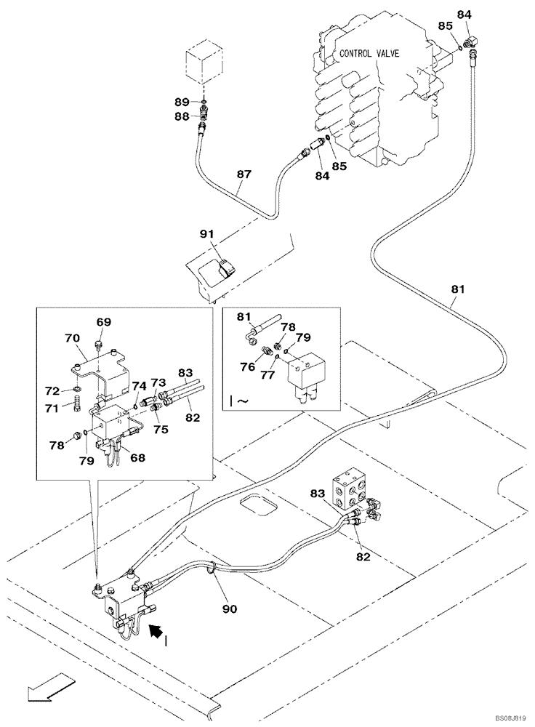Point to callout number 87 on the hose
coord(244,174)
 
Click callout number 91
coord(207,234)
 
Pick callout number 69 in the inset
coord(104,322)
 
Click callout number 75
coord(161,430)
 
